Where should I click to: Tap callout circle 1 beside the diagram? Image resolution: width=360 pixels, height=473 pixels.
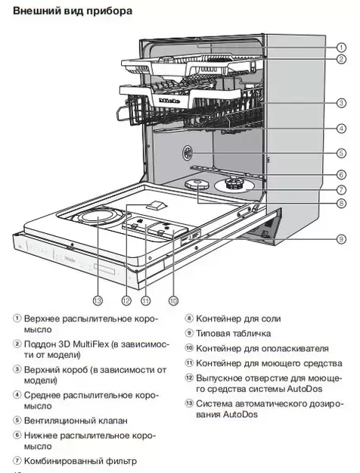[x=341, y=46]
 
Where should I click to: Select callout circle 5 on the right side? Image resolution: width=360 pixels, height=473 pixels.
[x=341, y=153]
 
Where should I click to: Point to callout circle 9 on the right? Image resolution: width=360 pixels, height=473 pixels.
[x=341, y=238]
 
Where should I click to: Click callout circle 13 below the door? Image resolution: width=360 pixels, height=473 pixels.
[x=98, y=300]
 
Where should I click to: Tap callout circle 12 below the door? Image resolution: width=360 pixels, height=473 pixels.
[x=126, y=300]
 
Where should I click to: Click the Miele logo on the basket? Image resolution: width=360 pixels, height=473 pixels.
[x=167, y=98]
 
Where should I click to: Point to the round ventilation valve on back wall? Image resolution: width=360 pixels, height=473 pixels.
[x=187, y=154]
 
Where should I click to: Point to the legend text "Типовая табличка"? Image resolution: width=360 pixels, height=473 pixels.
[x=234, y=333]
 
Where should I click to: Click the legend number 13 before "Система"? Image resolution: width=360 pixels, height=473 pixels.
[x=189, y=403]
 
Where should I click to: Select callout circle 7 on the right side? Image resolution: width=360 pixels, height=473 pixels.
[x=341, y=189]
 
